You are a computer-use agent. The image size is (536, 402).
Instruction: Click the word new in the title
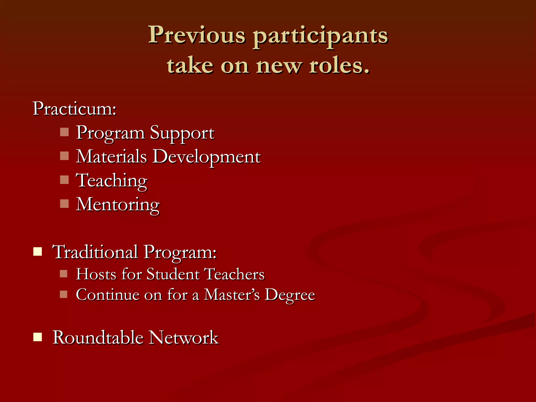(278, 66)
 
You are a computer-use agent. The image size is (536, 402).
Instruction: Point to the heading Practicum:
(74, 108)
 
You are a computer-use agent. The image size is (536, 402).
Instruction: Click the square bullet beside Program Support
(64, 132)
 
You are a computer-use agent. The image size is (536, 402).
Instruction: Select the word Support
(182, 133)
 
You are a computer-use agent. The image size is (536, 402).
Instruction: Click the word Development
(206, 157)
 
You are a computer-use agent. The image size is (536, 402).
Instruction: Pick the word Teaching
(111, 181)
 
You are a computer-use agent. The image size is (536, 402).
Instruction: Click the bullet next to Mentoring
(64, 204)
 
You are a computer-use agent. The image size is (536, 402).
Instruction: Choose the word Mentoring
(118, 205)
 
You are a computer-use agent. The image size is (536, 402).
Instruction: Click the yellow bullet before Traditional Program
(38, 252)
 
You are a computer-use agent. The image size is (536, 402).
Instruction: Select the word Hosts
(96, 274)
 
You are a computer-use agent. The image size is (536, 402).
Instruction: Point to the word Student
(173, 274)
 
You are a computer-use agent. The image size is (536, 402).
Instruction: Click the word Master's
(232, 295)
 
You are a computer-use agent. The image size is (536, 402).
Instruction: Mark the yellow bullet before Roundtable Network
(38, 337)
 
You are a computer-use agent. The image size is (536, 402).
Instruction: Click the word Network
(183, 337)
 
